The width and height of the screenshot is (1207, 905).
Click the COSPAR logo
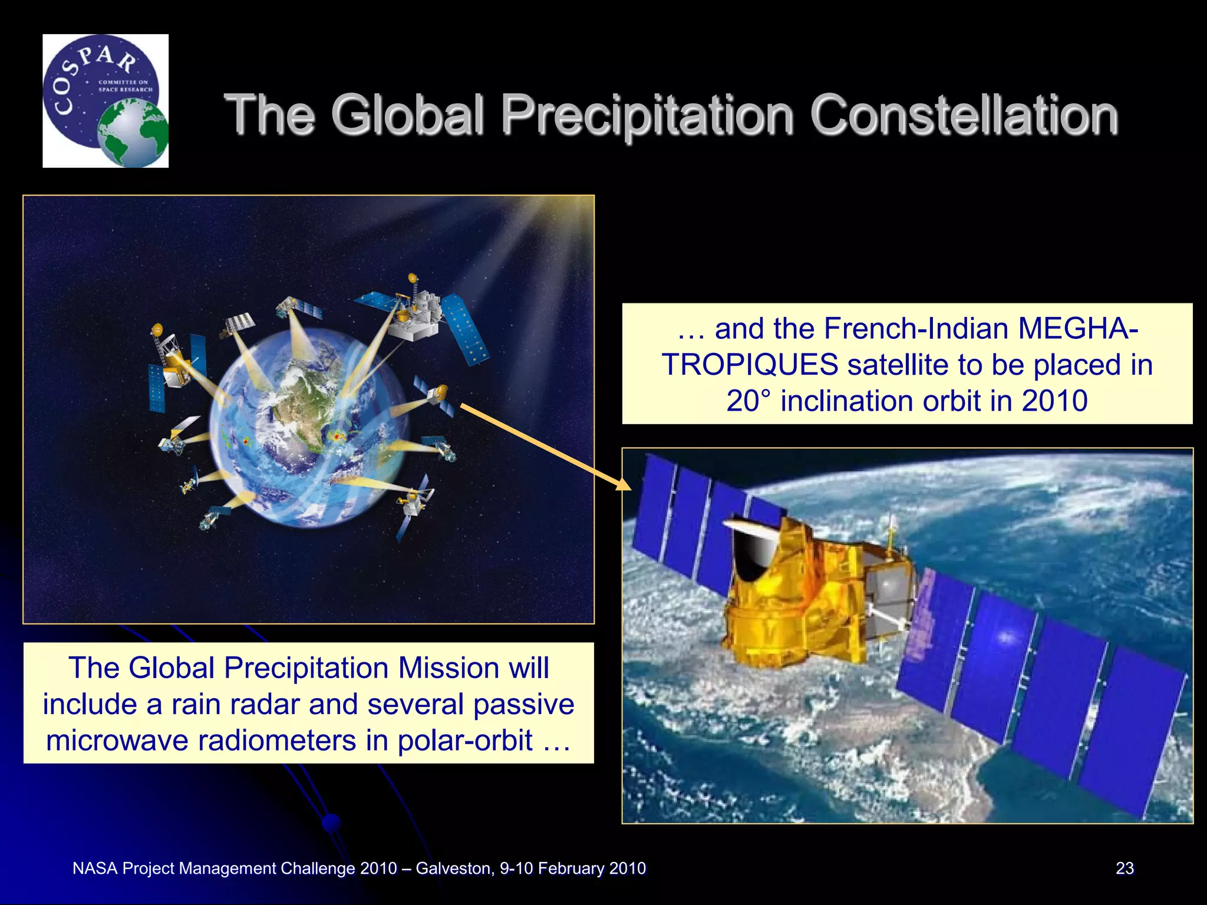(105, 101)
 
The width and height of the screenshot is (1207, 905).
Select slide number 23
(1124, 868)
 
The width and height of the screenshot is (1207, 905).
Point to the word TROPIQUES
(750, 365)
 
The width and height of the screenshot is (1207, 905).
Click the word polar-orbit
(465, 740)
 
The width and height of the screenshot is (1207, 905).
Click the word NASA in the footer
(95, 868)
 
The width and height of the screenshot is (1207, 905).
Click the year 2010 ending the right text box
(1054, 401)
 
